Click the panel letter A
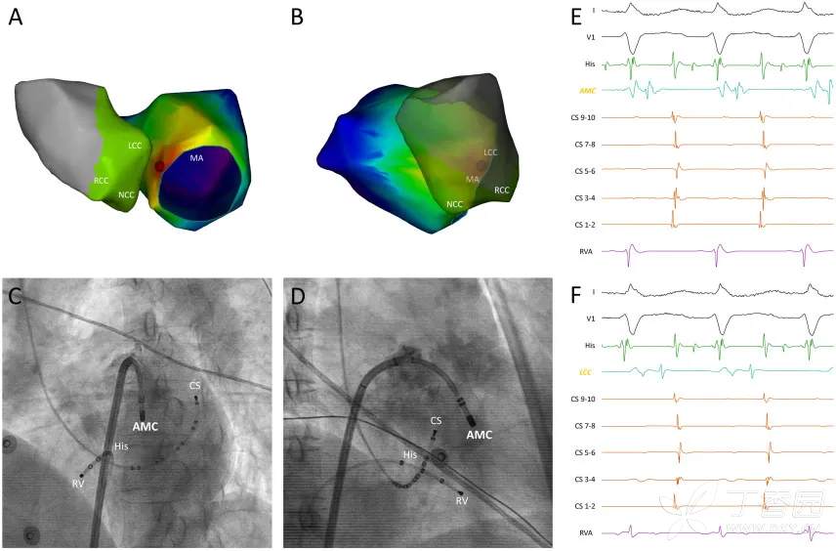(16, 20)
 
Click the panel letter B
(298, 20)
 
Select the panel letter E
(575, 18)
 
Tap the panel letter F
(575, 292)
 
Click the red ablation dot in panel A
(159, 167)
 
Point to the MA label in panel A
(196, 157)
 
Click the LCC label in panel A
(136, 145)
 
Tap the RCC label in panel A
(102, 182)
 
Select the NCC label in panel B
(455, 204)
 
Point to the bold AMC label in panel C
(146, 426)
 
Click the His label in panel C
(122, 445)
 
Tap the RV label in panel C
(78, 483)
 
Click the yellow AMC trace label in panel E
(588, 90)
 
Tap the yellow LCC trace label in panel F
(588, 372)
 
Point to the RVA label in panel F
(587, 532)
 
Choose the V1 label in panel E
(590, 37)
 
